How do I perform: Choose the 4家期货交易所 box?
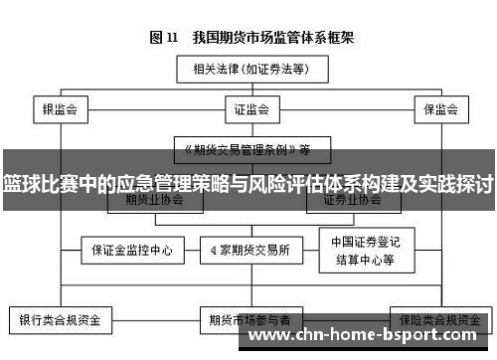[250, 250]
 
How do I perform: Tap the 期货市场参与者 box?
[250, 321]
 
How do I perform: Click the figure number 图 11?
[163, 38]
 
